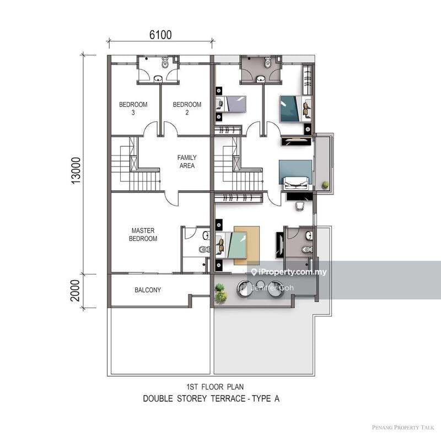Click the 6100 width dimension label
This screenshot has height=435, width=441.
click(x=160, y=35)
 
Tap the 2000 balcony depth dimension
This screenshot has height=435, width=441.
click(x=77, y=290)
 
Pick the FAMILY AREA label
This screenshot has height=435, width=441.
click(x=187, y=161)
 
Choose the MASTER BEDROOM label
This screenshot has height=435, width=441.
click(x=143, y=234)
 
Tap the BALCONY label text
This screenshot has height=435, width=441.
click(x=148, y=290)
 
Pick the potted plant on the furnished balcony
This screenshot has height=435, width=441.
click(x=221, y=293)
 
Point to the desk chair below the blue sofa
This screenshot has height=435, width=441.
click(x=300, y=206)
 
